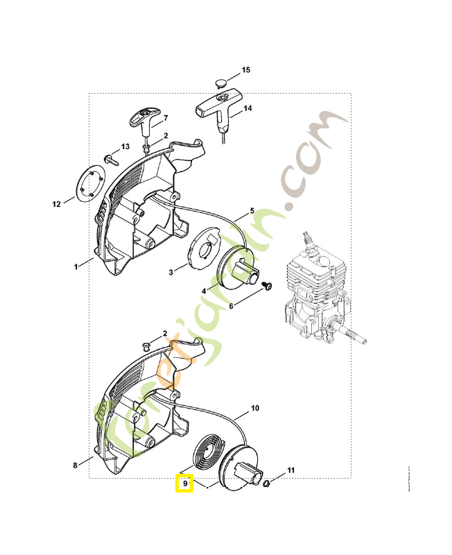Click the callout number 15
(245, 71)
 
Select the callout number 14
(247, 108)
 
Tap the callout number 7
(166, 118)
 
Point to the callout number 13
(125, 147)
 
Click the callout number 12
(56, 204)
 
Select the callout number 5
(252, 210)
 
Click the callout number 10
(254, 409)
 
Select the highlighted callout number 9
(185, 483)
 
